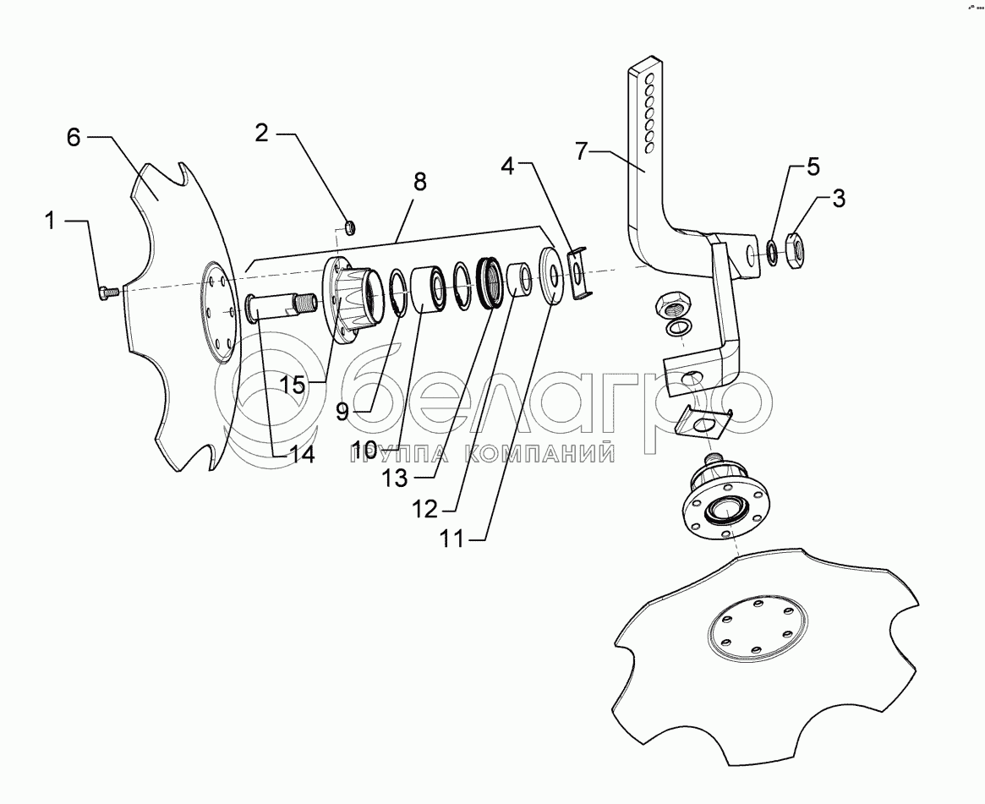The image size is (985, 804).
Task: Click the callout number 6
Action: click(x=74, y=139)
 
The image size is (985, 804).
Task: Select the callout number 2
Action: click(x=261, y=133)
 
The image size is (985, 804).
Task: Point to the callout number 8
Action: click(x=419, y=182)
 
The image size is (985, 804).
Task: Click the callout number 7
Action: click(x=582, y=153)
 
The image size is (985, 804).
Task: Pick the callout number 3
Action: click(x=837, y=200)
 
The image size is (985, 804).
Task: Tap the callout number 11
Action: click(x=452, y=539)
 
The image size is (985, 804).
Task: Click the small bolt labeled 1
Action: click(x=107, y=293)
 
